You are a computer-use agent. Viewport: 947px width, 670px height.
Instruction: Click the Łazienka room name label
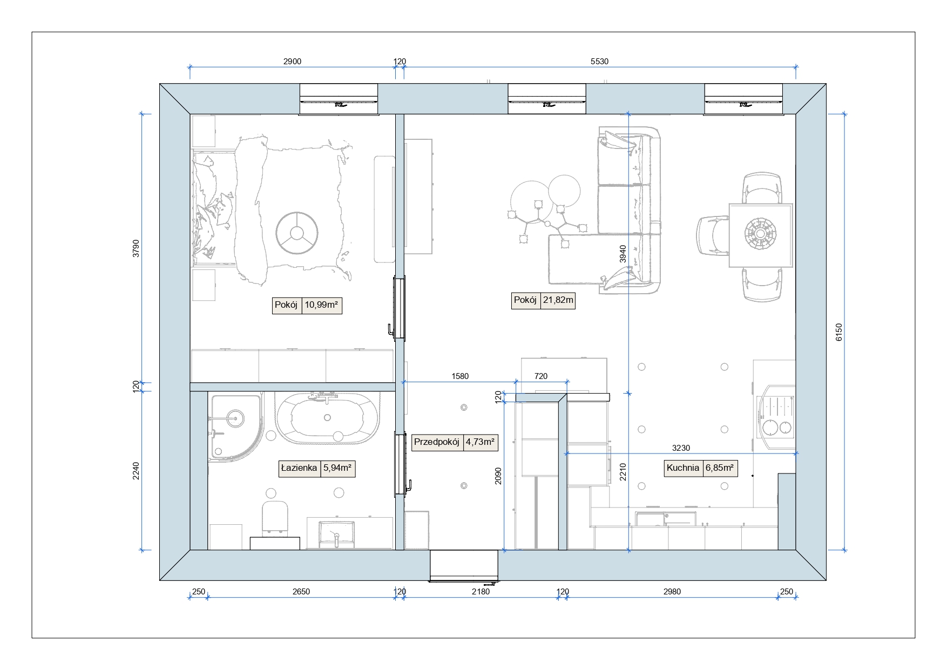[x=299, y=468]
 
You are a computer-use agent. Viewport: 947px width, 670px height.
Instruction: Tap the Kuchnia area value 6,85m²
[x=720, y=468]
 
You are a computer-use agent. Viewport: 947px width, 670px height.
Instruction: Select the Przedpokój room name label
[x=436, y=442]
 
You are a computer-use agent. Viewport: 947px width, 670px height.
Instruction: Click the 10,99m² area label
[x=321, y=305]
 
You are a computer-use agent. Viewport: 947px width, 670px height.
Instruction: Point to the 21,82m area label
[x=558, y=300]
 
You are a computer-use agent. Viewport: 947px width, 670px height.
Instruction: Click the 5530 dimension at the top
[x=599, y=62]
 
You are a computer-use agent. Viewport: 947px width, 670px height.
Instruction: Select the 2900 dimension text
[x=292, y=62]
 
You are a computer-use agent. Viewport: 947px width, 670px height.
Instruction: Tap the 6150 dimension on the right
[x=838, y=332]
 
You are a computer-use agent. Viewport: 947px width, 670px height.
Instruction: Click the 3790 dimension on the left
[x=136, y=248]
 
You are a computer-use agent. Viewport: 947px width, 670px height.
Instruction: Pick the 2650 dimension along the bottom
[x=301, y=592]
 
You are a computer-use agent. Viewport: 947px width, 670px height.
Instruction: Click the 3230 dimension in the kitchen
[x=681, y=448]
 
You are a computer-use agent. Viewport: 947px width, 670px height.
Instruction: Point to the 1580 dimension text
[x=460, y=376]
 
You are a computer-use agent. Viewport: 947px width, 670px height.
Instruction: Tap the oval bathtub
[x=327, y=418]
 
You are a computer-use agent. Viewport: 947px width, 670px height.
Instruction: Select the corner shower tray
[x=235, y=427]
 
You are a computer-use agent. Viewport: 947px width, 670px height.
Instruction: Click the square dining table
[x=760, y=235]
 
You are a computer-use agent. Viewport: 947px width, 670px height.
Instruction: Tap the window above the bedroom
[x=339, y=99]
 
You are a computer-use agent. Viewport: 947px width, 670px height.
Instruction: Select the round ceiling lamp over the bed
[x=296, y=233]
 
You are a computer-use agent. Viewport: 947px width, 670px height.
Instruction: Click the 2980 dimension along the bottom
[x=672, y=592]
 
